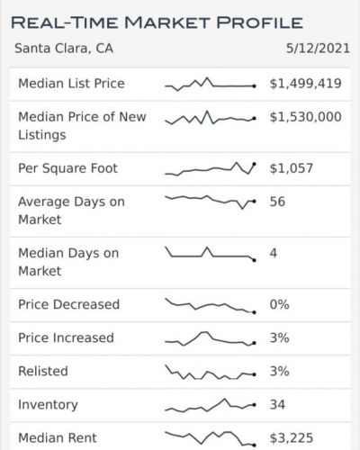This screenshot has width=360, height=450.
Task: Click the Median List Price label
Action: click(x=71, y=84)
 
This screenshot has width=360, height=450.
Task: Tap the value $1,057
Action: click(x=289, y=167)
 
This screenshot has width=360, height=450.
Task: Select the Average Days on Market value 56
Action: click(x=277, y=202)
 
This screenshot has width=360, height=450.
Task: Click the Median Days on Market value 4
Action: click(x=274, y=253)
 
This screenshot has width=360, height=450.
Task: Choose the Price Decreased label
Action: click(x=68, y=304)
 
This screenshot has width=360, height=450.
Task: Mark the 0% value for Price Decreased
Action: click(x=279, y=304)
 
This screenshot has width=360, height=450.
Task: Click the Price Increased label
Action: click(x=66, y=337)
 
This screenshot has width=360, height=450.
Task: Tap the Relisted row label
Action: click(x=42, y=371)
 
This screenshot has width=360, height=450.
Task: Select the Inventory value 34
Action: click(x=277, y=404)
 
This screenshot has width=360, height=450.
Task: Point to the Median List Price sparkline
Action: click(x=210, y=85)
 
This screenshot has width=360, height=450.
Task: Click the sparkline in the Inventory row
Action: click(x=210, y=405)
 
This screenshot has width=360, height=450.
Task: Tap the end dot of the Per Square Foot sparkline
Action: click(x=255, y=164)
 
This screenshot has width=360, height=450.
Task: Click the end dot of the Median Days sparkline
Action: click(x=255, y=259)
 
